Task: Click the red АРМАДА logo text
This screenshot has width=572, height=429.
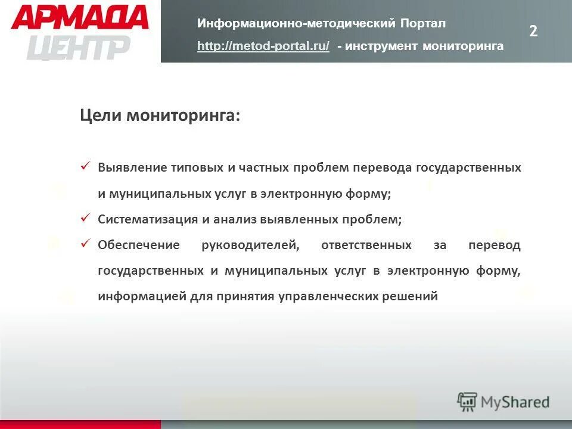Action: coord(79,18)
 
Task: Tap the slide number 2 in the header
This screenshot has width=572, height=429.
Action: coord(533,32)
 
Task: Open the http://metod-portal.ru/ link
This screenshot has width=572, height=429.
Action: coord(263,46)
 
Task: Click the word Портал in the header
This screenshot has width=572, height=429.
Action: coord(422,23)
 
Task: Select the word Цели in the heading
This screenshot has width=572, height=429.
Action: coord(100,115)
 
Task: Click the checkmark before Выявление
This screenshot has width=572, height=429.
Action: coord(85,166)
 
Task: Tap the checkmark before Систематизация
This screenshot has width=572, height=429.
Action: coord(85,218)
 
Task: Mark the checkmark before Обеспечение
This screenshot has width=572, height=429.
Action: coord(85,244)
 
